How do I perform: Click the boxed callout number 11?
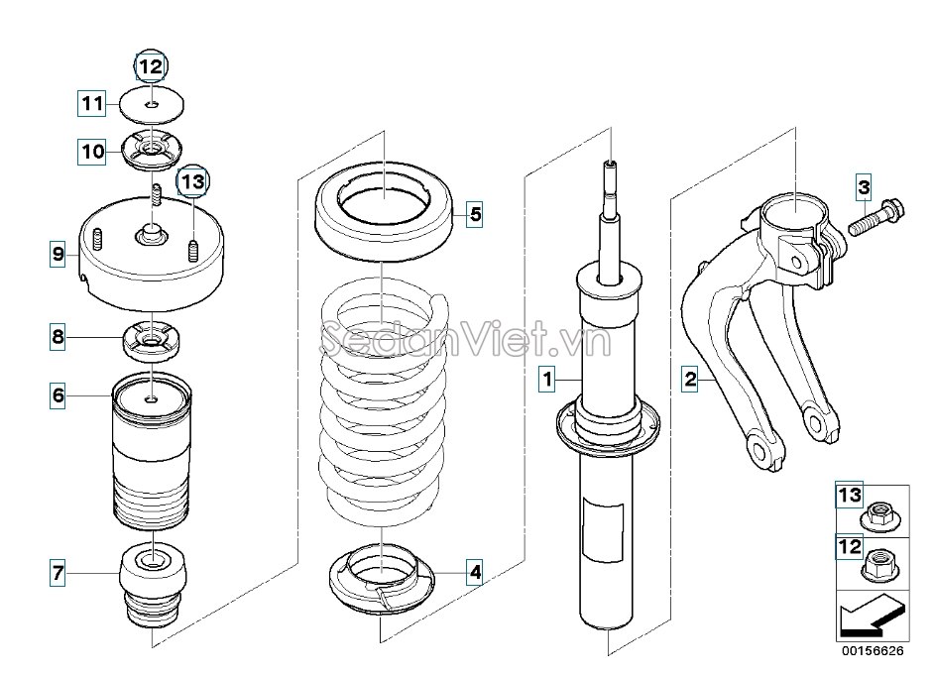(91, 103)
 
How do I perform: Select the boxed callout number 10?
(91, 151)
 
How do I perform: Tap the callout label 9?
(58, 254)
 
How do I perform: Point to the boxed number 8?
(58, 337)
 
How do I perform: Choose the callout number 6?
(58, 395)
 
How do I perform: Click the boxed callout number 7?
(58, 574)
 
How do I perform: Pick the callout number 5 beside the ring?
(475, 214)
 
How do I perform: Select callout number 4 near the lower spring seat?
(475, 572)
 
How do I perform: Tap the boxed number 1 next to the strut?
(547, 379)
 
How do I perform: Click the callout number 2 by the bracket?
(690, 379)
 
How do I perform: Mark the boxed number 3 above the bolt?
(864, 187)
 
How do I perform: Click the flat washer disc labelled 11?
(152, 105)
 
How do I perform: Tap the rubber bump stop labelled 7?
(154, 585)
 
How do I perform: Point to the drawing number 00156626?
(873, 651)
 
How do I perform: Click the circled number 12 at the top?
(151, 66)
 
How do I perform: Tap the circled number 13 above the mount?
(193, 180)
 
